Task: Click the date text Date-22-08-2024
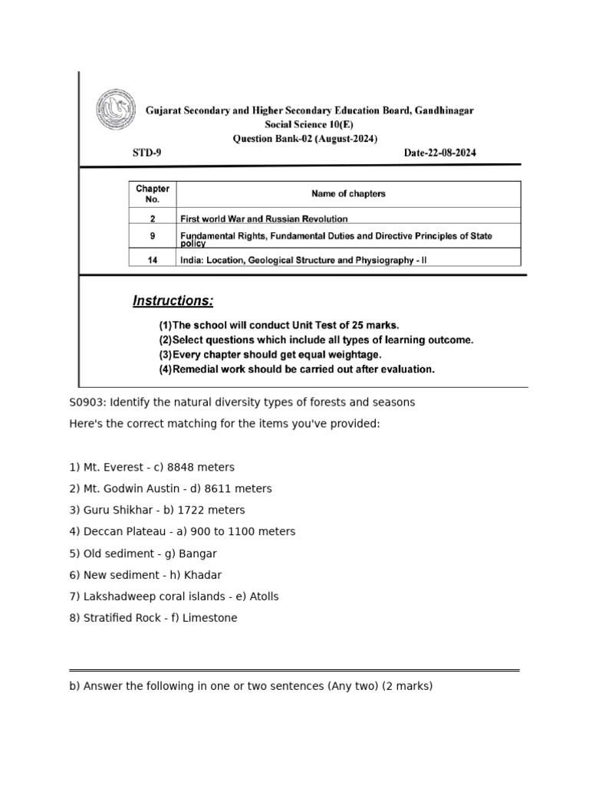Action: (439, 153)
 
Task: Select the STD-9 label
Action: (146, 153)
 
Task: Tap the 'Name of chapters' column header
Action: (348, 194)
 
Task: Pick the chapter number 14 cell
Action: (153, 260)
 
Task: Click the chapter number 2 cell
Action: (153, 218)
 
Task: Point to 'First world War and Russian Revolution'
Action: (263, 218)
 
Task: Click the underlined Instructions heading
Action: (173, 301)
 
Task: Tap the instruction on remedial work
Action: (296, 369)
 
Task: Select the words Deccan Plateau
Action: (117, 531)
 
